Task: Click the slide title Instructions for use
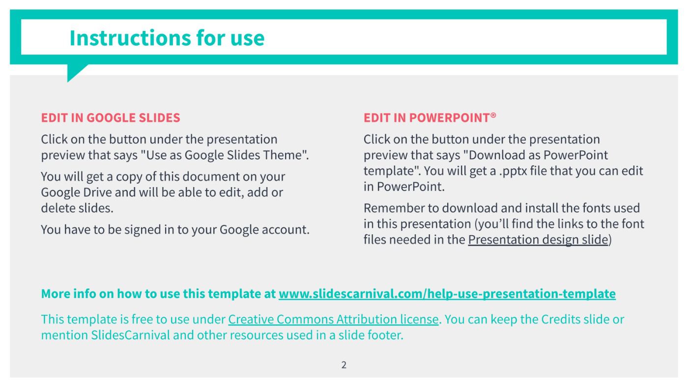tap(167, 38)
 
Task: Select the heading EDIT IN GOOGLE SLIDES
tap(111, 118)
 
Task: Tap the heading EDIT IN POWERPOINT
tap(427, 118)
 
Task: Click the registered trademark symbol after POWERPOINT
tap(493, 115)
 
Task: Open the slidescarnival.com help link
tap(447, 294)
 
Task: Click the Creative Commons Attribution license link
tap(333, 320)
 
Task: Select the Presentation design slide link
tap(538, 240)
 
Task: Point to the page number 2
tap(344, 365)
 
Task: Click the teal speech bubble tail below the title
tap(74, 72)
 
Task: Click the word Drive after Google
tap(97, 193)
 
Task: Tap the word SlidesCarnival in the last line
tap(130, 335)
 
